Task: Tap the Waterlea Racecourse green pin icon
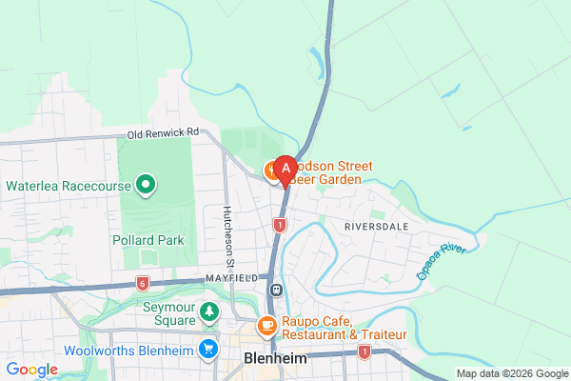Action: pos(146,184)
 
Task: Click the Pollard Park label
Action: pos(148,240)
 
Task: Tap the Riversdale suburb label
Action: pos(376,228)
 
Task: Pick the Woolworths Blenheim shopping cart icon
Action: pos(207,349)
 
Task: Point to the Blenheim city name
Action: pos(276,359)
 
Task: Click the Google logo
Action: pos(32,370)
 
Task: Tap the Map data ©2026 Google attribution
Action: pos(511,372)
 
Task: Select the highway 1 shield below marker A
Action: pos(279,225)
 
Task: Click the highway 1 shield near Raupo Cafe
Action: pos(364,352)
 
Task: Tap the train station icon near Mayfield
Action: pos(275,290)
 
